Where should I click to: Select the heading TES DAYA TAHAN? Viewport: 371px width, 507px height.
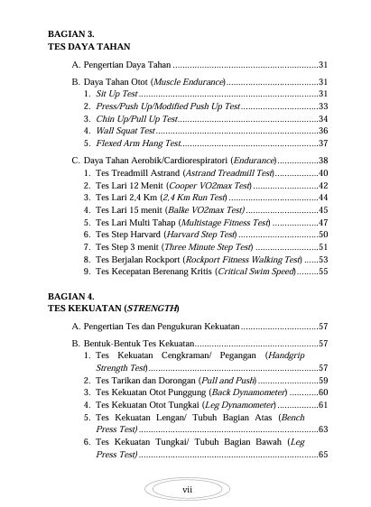pos(89,45)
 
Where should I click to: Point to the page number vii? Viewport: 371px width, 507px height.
pos(187,488)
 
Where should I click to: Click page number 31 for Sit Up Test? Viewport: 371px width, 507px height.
pos(322,93)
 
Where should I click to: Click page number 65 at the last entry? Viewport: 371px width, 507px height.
pos(322,456)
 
